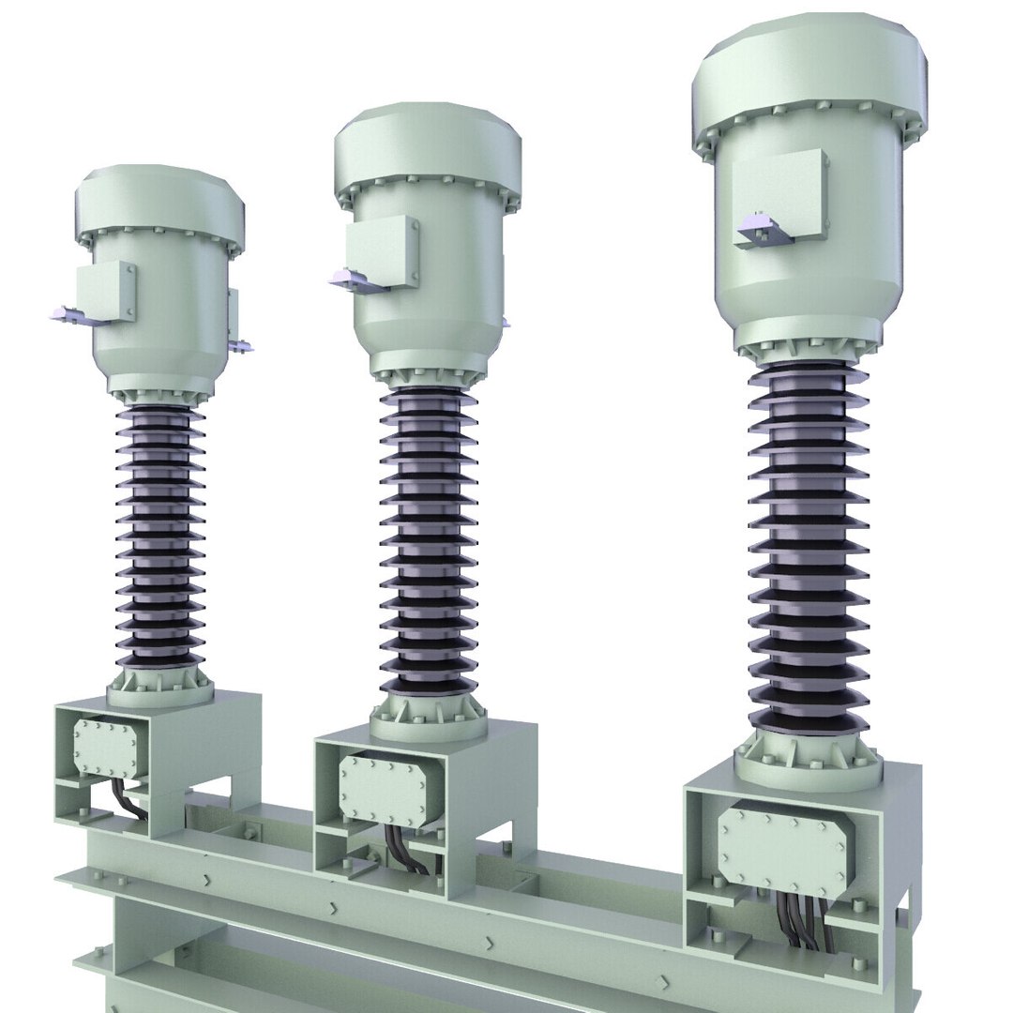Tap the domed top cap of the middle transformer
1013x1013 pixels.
pos(428,150)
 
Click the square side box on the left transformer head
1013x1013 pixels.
pos(105,291)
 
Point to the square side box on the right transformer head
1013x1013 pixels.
pos(780,197)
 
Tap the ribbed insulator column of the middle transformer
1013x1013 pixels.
pos(428,544)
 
